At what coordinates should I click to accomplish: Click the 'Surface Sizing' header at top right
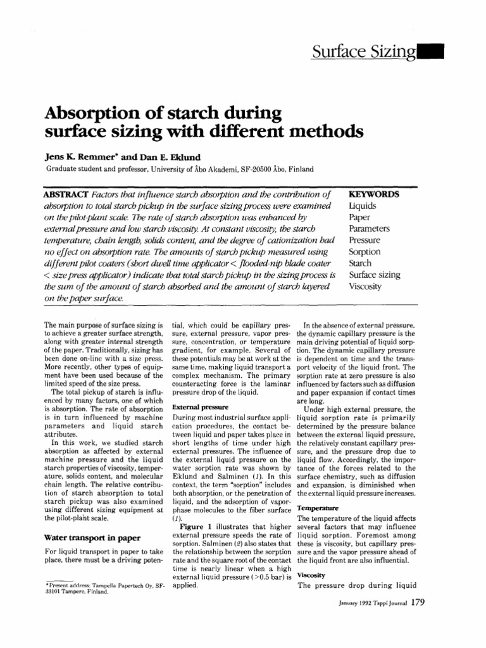pos(364,51)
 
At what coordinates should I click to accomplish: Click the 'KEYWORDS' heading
pos(374,194)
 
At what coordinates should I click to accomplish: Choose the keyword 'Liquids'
pos(362,206)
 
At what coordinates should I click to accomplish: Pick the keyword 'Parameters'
pos(370,228)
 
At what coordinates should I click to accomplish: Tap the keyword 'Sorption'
pos(365,252)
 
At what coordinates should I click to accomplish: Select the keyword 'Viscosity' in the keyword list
pos(366,286)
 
